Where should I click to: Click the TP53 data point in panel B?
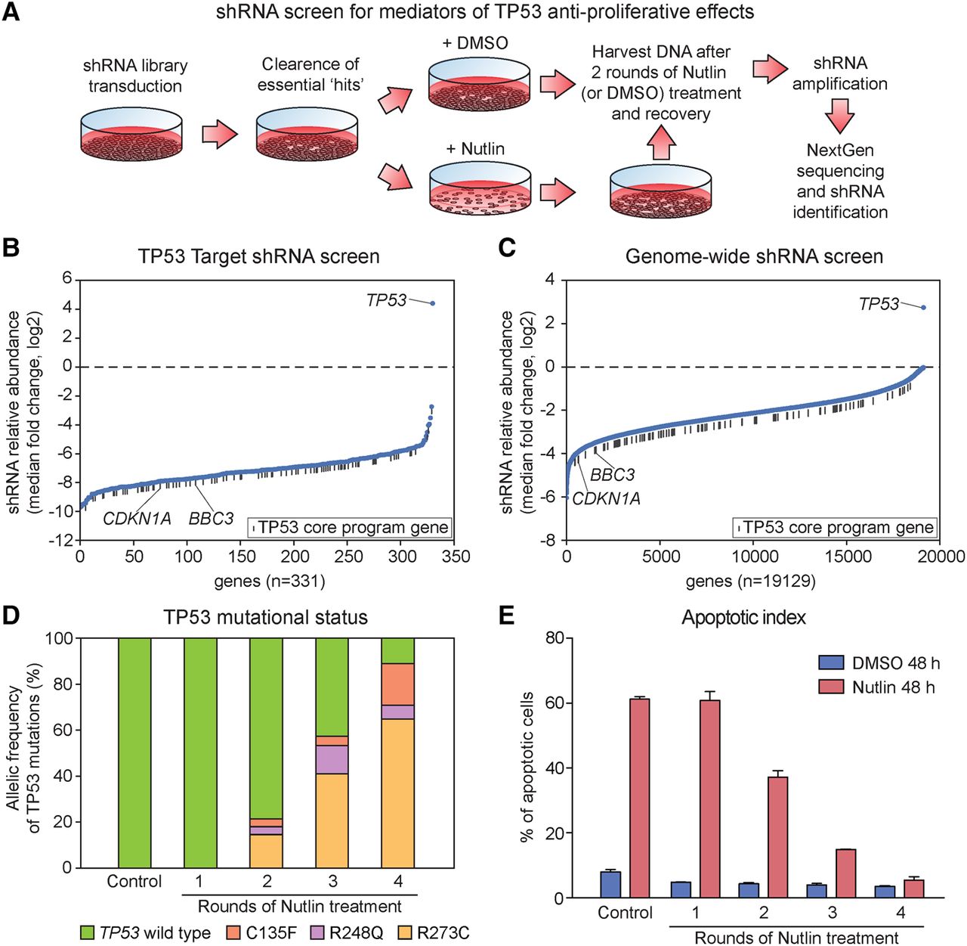(432, 303)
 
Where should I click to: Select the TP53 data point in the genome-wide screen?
(923, 307)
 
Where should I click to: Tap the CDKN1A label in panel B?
(137, 519)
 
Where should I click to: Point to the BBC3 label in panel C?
(612, 474)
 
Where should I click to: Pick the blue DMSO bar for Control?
(610, 885)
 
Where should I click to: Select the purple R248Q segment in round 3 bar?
(332, 759)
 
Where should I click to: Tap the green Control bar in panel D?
(134, 753)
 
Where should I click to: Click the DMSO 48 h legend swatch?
(831, 663)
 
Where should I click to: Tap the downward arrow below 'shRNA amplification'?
(839, 116)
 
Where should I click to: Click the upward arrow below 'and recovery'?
(661, 142)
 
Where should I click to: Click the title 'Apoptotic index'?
(743, 617)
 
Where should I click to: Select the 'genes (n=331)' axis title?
(270, 581)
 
